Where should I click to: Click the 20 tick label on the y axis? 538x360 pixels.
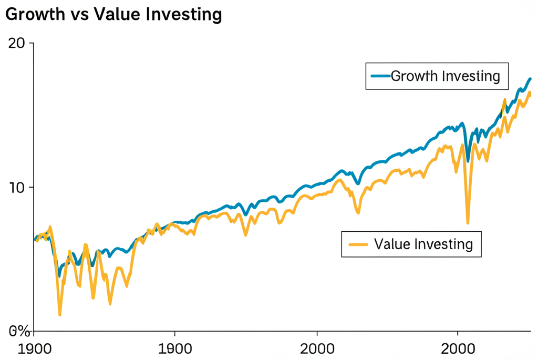(18, 43)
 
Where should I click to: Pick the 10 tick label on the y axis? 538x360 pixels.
(18, 188)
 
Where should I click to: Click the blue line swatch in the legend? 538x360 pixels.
(380, 76)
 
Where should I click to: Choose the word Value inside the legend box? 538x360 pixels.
(391, 244)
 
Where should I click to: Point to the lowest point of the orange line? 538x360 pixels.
(60, 315)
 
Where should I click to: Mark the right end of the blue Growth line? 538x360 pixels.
(530, 79)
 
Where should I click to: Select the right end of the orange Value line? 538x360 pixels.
(530, 95)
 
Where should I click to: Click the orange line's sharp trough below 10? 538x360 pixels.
(468, 223)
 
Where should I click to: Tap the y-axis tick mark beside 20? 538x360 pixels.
(31, 43)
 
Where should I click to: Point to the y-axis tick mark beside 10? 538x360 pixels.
(31, 188)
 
